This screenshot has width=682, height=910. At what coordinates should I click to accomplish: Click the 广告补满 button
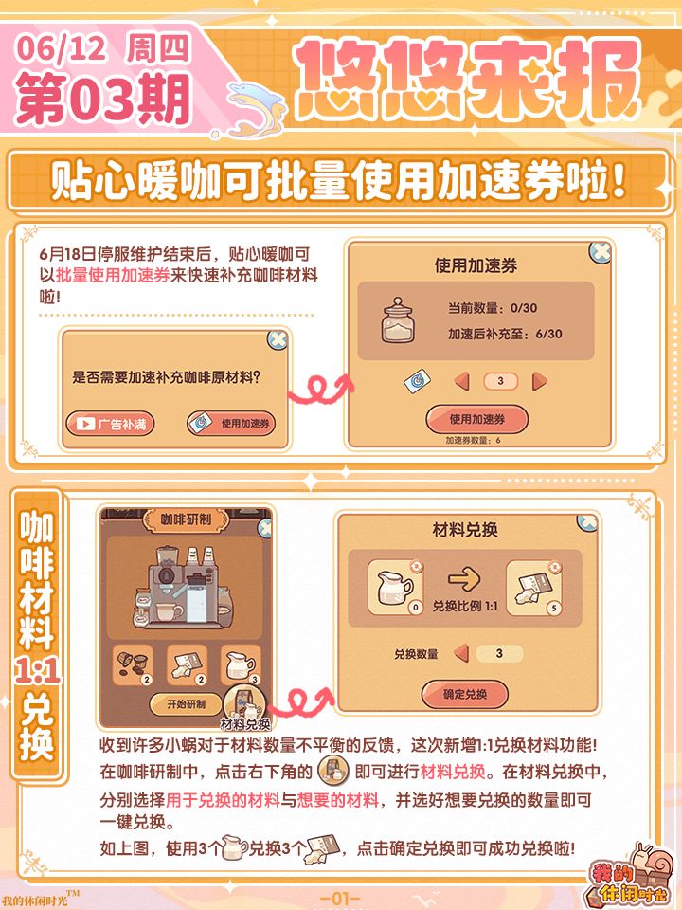click(110, 424)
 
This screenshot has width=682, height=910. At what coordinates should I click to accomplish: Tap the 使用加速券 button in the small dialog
click(231, 424)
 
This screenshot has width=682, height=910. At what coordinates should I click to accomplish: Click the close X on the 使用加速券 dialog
click(601, 252)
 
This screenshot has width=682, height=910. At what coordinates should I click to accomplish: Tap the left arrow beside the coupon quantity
click(462, 382)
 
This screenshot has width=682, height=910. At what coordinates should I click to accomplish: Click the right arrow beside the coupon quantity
click(539, 381)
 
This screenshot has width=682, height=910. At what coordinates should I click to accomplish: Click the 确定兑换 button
click(465, 695)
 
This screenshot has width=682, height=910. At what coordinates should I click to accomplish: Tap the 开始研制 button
click(186, 704)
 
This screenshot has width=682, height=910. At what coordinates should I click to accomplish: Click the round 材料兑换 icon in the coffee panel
click(244, 705)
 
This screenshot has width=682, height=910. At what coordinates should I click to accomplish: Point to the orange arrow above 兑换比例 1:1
click(464, 579)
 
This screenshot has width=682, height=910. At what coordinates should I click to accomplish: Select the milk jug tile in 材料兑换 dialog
click(396, 588)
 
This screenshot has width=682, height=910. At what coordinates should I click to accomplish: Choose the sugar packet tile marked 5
click(534, 588)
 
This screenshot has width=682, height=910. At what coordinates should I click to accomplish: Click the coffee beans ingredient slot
click(133, 664)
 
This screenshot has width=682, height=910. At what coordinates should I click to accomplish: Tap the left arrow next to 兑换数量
click(461, 653)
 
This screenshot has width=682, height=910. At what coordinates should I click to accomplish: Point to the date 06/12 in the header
click(61, 49)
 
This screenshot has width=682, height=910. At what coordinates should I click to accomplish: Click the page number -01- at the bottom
click(340, 899)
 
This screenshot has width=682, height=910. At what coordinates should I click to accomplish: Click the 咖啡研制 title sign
click(186, 519)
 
